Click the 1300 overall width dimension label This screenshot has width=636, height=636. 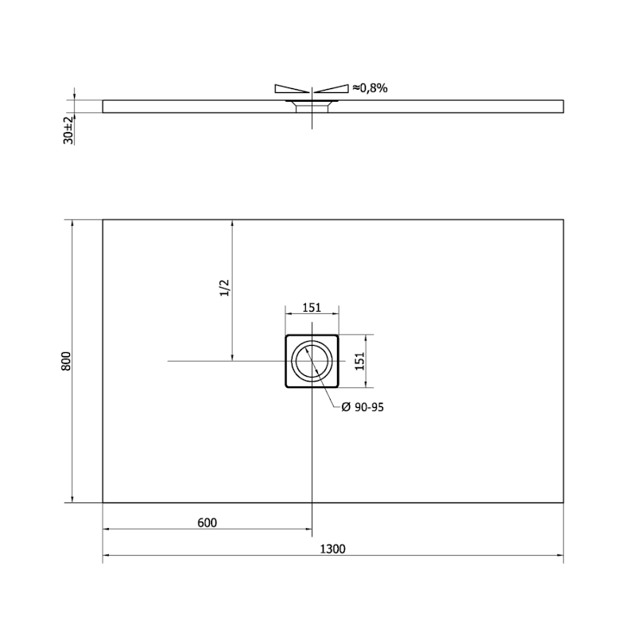tap(333, 548)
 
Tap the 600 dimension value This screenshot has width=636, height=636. tap(206, 522)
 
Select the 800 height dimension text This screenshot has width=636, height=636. tap(67, 362)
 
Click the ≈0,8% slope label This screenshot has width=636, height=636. tap(370, 88)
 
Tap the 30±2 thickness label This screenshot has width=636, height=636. tap(68, 129)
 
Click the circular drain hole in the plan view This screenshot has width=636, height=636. tap(312, 362)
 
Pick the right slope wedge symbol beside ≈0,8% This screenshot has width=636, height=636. tap(332, 88)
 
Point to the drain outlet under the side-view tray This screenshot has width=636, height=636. tap(312, 107)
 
